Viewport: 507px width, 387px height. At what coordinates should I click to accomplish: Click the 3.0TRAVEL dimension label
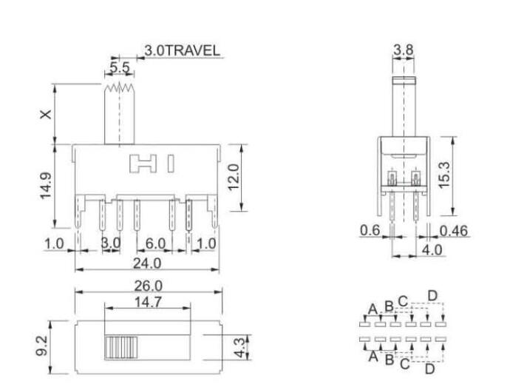click(x=182, y=50)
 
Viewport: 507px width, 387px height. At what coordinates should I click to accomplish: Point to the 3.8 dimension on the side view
click(x=404, y=50)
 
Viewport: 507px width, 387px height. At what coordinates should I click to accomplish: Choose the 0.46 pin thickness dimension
click(x=455, y=231)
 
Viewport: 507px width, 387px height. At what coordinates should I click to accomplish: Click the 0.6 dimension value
click(x=370, y=231)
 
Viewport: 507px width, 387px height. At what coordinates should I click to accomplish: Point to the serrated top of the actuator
click(x=120, y=89)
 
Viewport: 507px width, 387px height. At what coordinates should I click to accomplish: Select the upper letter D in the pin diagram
click(x=432, y=296)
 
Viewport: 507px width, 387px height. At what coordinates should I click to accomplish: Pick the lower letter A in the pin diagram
click(x=372, y=354)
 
